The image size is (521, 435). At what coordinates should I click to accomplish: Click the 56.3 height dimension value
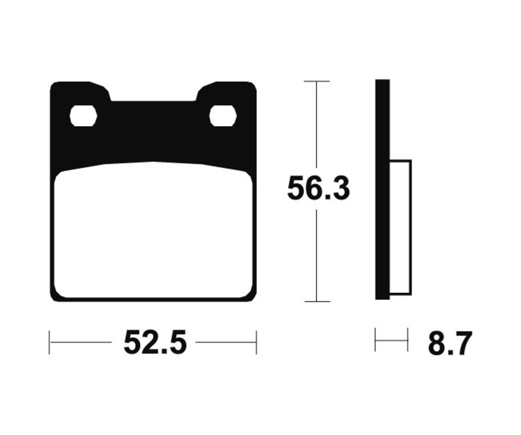[318, 189]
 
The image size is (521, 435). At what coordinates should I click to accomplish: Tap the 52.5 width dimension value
[155, 343]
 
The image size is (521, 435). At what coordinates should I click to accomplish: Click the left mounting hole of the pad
[83, 116]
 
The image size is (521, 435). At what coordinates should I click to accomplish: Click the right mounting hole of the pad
[223, 116]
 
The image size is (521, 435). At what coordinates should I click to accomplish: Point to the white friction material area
[153, 231]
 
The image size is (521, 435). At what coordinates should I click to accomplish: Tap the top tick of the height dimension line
[317, 82]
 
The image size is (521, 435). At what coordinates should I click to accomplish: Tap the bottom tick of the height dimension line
[317, 301]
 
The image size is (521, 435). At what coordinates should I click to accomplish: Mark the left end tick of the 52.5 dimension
[50, 342]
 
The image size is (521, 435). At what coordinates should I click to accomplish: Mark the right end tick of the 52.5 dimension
[256, 342]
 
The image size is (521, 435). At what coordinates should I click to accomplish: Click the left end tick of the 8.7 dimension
[375, 340]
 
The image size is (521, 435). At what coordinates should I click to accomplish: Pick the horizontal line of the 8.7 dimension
[391, 340]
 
